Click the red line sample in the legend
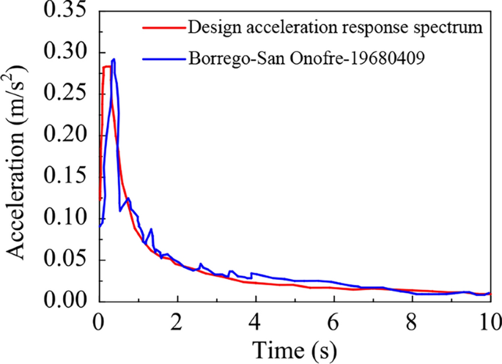pos(161,28)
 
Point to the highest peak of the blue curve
pos(114,60)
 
